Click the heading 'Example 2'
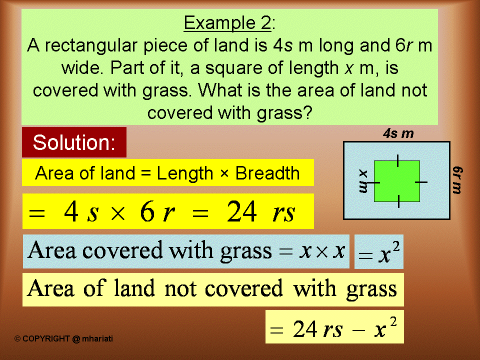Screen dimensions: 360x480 pyautogui.click(x=227, y=23)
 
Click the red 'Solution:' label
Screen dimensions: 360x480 pyautogui.click(x=74, y=143)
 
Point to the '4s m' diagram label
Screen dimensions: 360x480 pyautogui.click(x=398, y=133)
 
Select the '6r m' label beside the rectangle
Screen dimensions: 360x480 pyautogui.click(x=457, y=180)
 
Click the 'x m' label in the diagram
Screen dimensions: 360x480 pyautogui.click(x=363, y=181)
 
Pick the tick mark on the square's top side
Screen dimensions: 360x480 pyautogui.click(x=397, y=160)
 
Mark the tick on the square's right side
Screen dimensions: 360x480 pyautogui.click(x=421, y=181)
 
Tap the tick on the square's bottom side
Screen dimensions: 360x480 pyautogui.click(x=398, y=201)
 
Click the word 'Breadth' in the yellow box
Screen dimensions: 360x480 pyautogui.click(x=267, y=173)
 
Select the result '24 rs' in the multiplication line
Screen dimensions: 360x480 pyautogui.click(x=260, y=213)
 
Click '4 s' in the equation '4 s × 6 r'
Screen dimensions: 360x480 pyautogui.click(x=81, y=213)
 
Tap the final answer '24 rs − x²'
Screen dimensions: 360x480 pyautogui.click(x=334, y=328)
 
